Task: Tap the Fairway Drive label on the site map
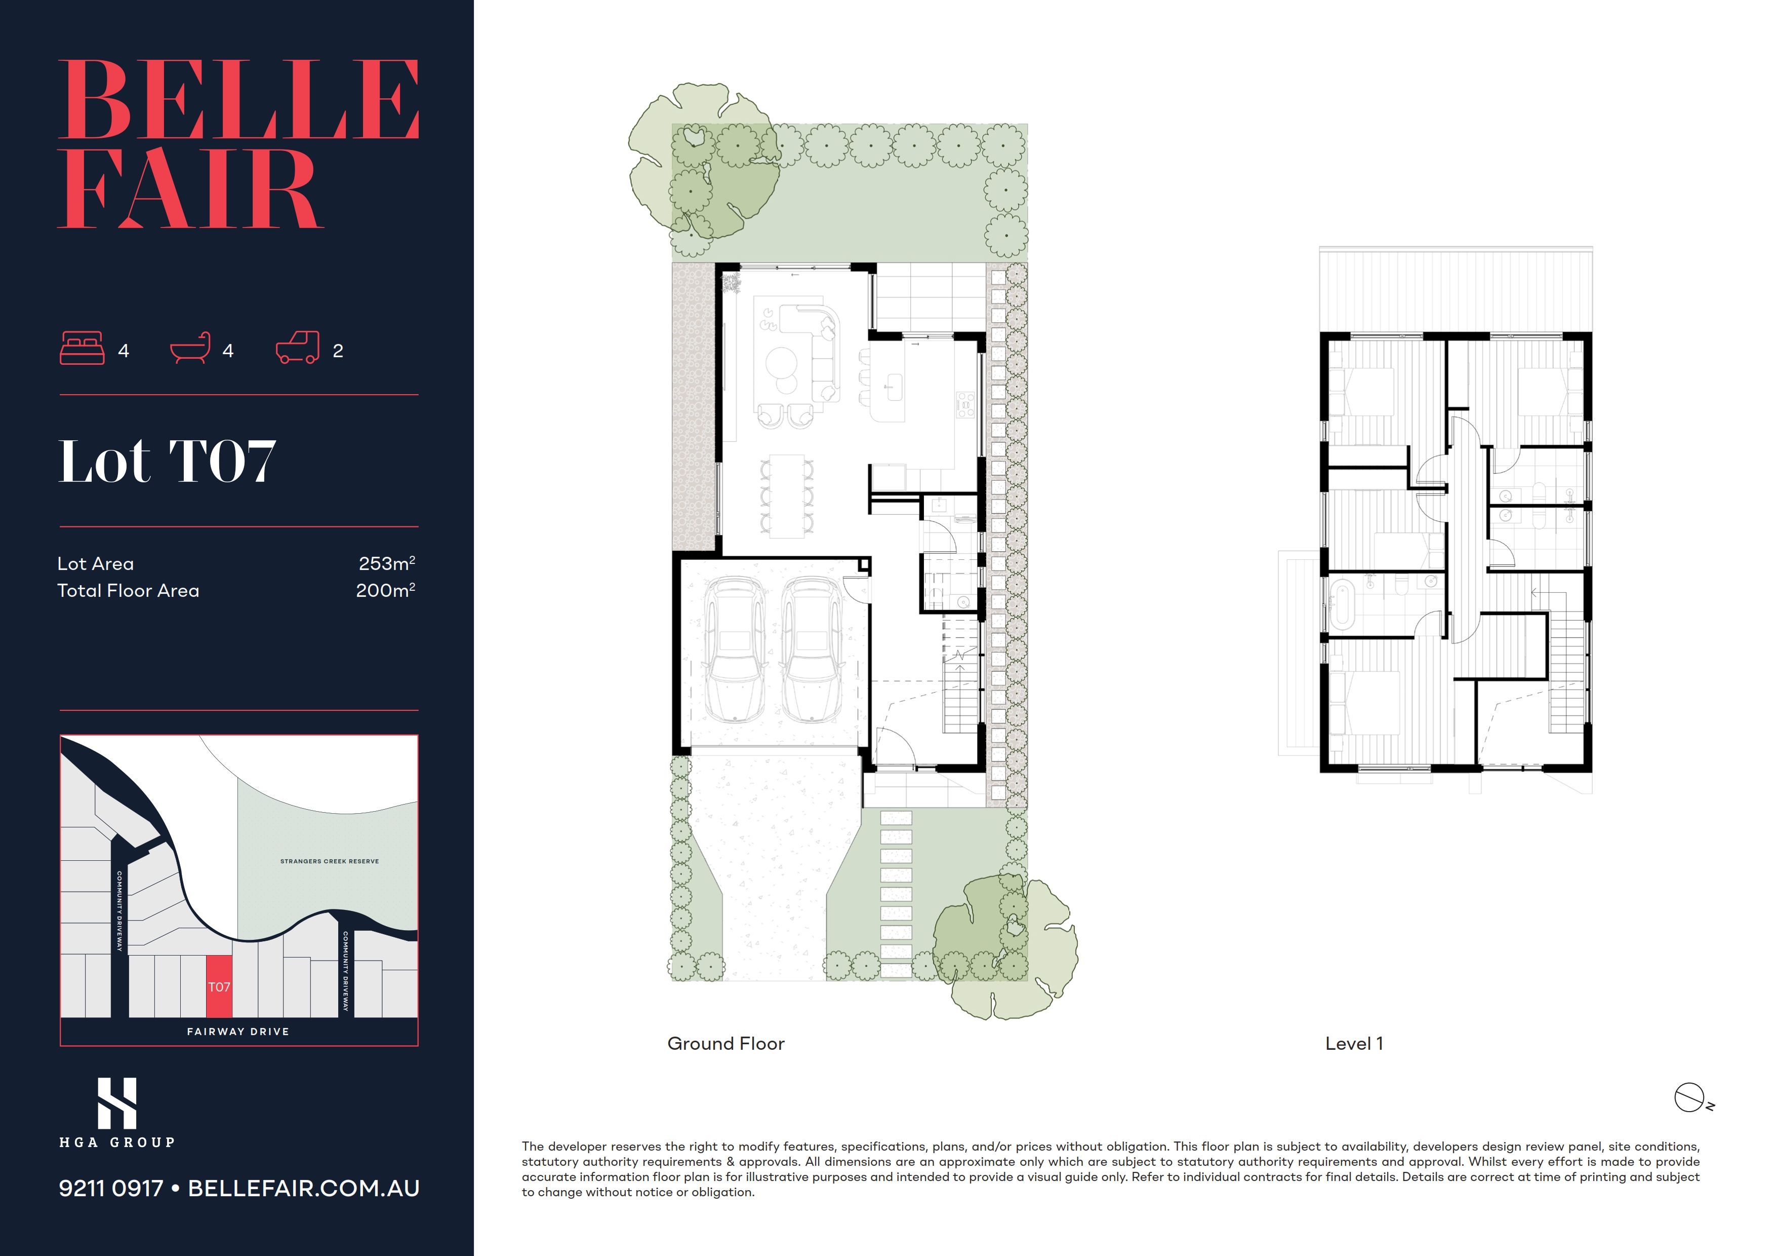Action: (x=238, y=1032)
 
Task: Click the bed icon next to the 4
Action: (x=82, y=348)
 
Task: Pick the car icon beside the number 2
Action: (x=298, y=348)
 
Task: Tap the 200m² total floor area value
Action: (x=385, y=590)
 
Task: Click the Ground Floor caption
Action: (x=725, y=1043)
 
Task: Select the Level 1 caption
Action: (x=1354, y=1043)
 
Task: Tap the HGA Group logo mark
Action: (x=117, y=1103)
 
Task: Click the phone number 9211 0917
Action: (x=111, y=1188)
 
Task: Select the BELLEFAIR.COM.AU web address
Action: (x=304, y=1188)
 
